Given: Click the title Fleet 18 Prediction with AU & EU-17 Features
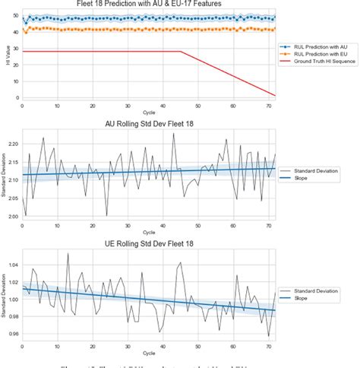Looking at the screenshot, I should point(149,4).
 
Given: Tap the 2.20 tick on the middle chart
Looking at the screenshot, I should point(11,142).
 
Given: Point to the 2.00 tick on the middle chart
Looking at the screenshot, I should point(11,216).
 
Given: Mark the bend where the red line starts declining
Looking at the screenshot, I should point(181,52).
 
